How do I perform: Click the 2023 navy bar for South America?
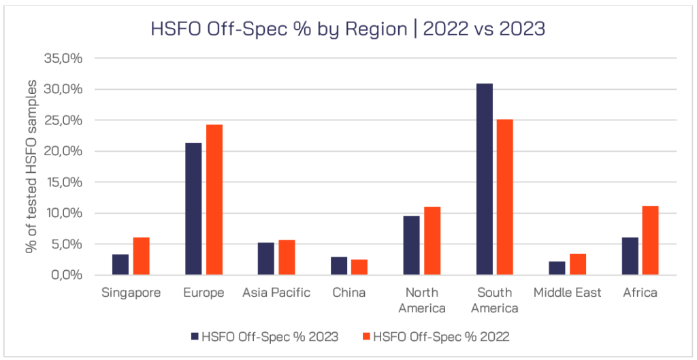click(484, 180)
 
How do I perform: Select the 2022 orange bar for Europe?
click(214, 200)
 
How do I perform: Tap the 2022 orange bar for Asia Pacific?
click(287, 258)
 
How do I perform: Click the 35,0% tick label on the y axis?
click(63, 59)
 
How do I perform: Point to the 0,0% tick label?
click(66, 276)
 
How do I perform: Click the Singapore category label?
click(131, 293)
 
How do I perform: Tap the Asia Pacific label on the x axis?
click(276, 293)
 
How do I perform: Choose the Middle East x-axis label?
click(567, 293)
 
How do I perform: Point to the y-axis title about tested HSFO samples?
click(31, 166)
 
